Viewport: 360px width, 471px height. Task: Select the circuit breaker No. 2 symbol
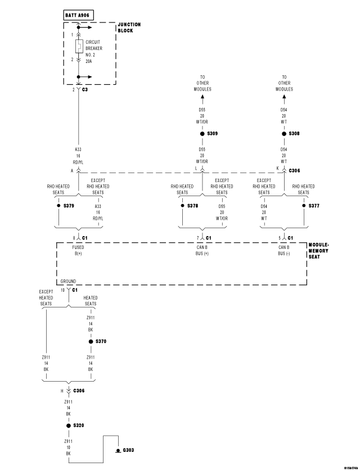[x=79, y=46]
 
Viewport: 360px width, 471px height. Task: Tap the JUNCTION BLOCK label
[x=129, y=27]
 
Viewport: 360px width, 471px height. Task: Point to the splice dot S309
[x=202, y=134]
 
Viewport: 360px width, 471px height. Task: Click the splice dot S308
[x=284, y=134]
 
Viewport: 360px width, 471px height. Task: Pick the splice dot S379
[x=58, y=206]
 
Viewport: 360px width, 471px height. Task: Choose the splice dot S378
[x=182, y=206]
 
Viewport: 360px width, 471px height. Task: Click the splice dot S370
[x=90, y=341]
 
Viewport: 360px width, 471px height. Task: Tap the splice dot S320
[x=68, y=425]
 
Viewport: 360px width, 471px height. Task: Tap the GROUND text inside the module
[x=68, y=281]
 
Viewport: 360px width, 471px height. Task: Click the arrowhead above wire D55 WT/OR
[x=202, y=98]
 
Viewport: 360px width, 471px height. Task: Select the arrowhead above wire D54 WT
[x=284, y=98]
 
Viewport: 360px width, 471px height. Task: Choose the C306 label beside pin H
[x=78, y=390]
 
